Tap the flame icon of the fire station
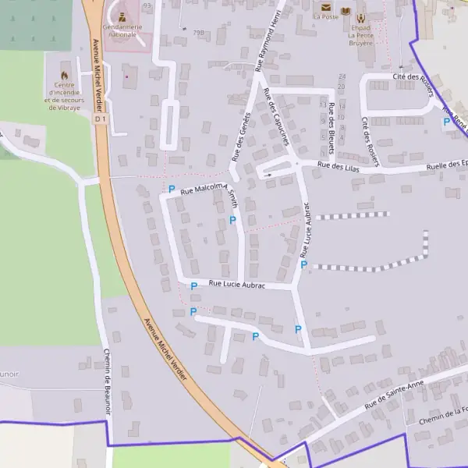65,75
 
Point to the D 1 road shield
99,120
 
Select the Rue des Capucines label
277,116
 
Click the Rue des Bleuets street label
331,122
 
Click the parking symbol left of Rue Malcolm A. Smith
172,190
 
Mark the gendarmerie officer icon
122,14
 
